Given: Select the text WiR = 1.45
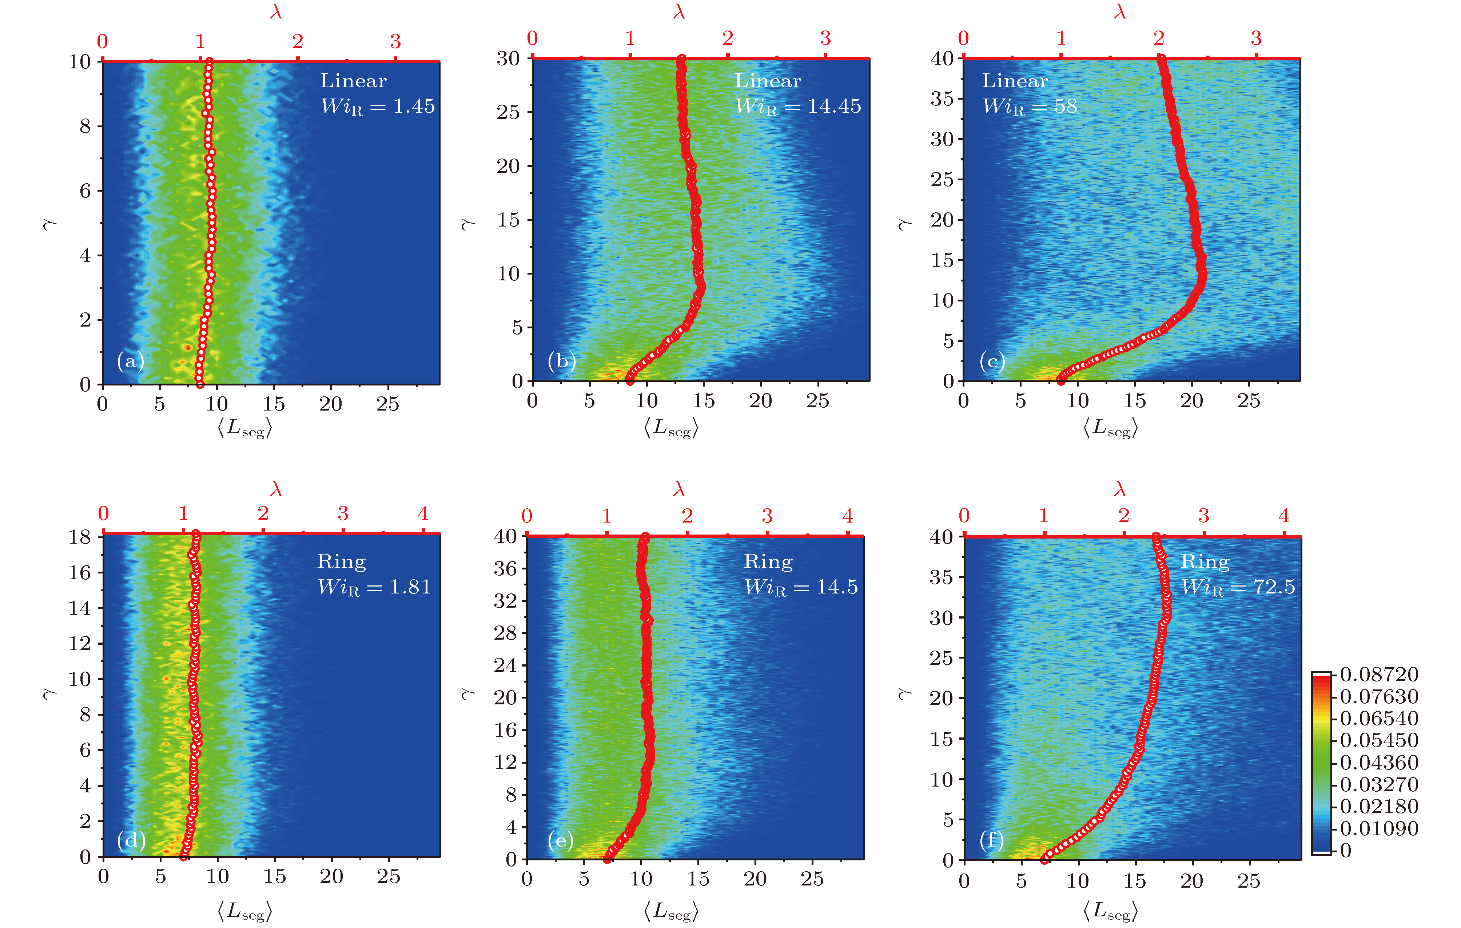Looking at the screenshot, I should [x=377, y=107].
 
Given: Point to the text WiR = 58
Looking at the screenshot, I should [x=1030, y=107].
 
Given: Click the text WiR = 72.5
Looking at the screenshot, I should [x=1238, y=587].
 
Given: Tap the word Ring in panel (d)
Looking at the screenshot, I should [x=342, y=562].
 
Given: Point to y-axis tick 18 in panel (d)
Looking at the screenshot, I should [x=79, y=537].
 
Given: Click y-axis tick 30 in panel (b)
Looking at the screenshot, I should [x=509, y=59].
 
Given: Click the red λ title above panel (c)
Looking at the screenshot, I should [x=1120, y=12].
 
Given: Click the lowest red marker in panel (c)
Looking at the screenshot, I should [x=1060, y=380].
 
